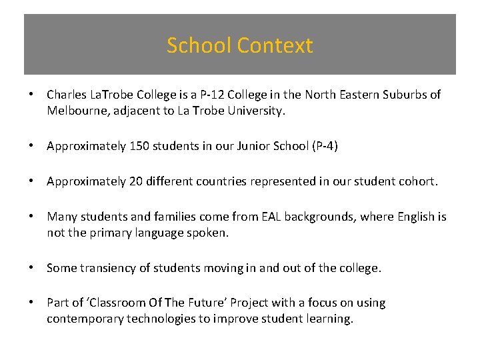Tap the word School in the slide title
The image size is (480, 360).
pyautogui.click(x=199, y=46)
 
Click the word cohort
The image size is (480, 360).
pyautogui.click(x=417, y=182)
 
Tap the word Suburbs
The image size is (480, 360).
pyautogui.click(x=403, y=95)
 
